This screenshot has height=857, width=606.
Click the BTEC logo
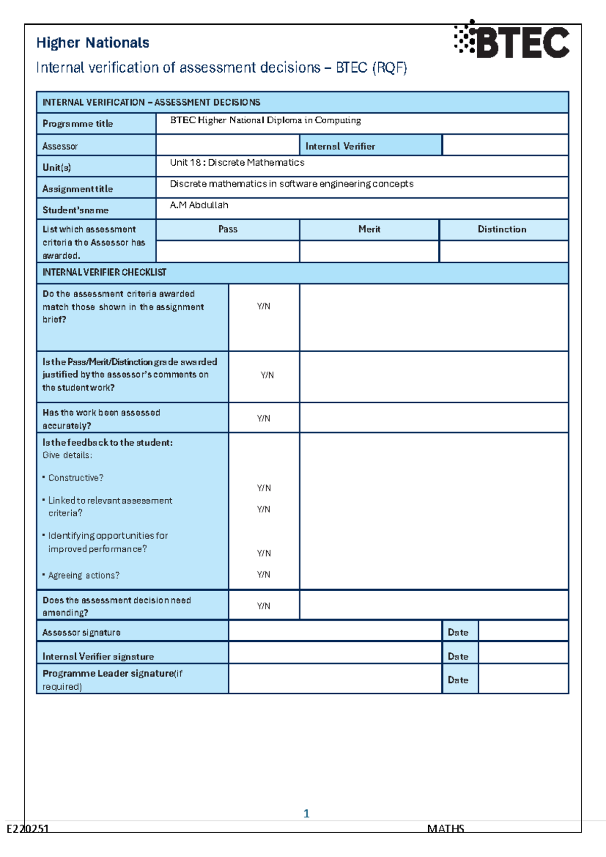click(512, 40)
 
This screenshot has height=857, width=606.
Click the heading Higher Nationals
click(92, 43)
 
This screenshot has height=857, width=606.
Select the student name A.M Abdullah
click(199, 205)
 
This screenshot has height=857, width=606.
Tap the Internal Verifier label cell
click(340, 146)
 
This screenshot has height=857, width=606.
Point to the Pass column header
click(228, 229)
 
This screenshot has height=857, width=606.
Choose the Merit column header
click(369, 229)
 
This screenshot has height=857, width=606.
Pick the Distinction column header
click(502, 229)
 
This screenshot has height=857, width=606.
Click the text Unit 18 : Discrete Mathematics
click(237, 163)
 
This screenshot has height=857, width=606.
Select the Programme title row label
click(78, 124)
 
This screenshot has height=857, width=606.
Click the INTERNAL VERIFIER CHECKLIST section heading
click(104, 272)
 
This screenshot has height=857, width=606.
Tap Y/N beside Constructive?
click(264, 488)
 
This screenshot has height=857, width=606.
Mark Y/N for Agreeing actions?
click(264, 575)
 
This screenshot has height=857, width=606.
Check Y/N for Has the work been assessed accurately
click(264, 418)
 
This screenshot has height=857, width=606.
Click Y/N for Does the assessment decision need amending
click(264, 606)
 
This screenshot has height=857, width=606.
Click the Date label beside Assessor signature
click(458, 633)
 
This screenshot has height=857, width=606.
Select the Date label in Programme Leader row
click(458, 680)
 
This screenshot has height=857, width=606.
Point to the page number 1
click(306, 813)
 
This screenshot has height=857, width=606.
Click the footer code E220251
click(28, 829)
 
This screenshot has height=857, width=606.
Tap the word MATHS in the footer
click(445, 829)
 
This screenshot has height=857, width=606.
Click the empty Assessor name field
click(227, 146)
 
